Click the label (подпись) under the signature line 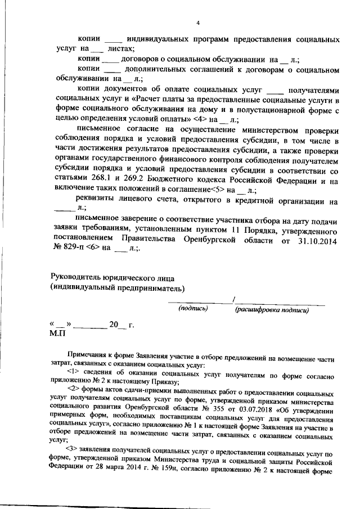pyautogui.click(x=193, y=309)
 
